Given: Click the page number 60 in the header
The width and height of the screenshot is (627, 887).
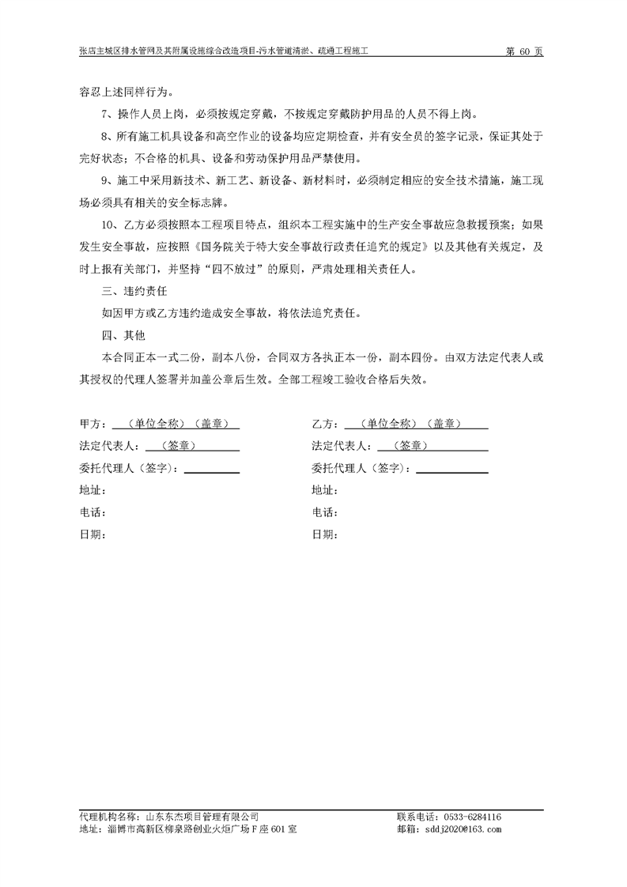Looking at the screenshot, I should point(523,51).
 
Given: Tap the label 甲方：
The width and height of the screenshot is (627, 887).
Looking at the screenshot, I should point(93,425).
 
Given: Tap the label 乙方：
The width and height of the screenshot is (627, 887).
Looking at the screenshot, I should point(325,425).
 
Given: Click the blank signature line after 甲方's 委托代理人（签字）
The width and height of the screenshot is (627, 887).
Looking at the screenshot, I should point(211,472).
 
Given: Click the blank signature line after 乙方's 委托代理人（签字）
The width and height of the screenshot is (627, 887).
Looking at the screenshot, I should point(451,472).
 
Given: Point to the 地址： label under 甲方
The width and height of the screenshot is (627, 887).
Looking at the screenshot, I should point(93,490).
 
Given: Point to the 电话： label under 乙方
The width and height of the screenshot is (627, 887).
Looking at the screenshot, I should point(325,512).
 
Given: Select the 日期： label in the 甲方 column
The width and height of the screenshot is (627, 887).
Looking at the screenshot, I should point(93,534).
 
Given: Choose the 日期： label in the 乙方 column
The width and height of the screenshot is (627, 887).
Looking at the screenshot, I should point(325,534).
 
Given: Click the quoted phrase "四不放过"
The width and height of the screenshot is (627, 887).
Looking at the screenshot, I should point(230,270).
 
